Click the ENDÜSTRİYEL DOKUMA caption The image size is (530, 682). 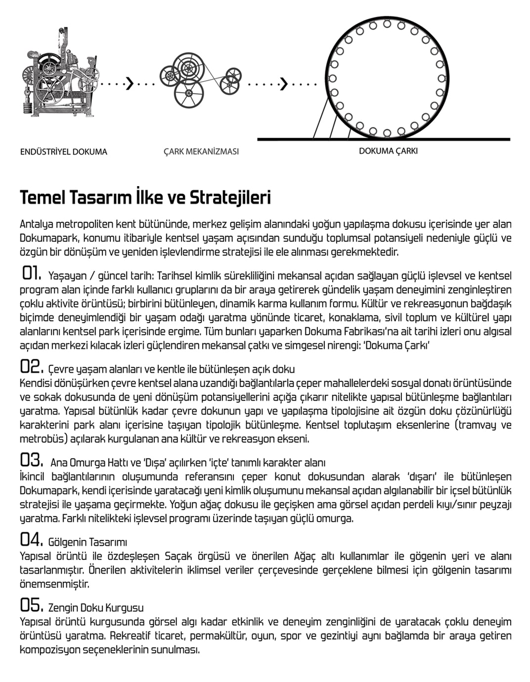[x=63, y=152]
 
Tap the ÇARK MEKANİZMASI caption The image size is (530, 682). [x=201, y=151]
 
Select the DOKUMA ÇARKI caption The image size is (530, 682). [x=388, y=151]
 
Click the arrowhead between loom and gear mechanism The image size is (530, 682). [x=130, y=84]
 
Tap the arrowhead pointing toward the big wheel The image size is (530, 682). [x=284, y=84]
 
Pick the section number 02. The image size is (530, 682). [x=31, y=367]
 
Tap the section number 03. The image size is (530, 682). [x=31, y=460]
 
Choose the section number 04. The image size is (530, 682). [x=31, y=539]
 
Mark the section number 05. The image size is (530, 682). [x=31, y=605]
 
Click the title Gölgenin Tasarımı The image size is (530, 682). [x=88, y=542]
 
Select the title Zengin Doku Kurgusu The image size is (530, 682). [x=96, y=608]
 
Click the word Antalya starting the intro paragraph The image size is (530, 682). [x=36, y=224]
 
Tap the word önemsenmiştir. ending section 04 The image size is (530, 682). [x=55, y=584]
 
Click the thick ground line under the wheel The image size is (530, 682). [x=445, y=140]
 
